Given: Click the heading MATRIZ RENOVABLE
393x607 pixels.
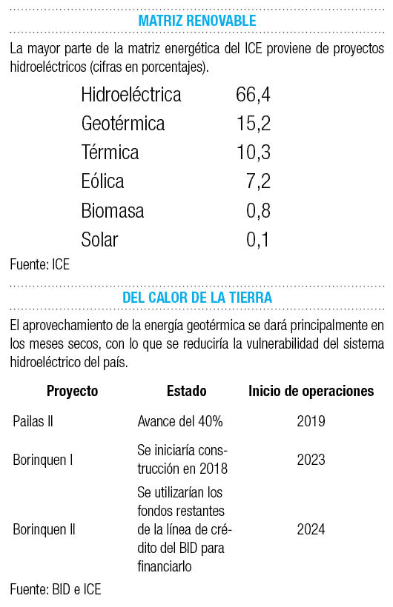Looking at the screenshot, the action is coord(197,21).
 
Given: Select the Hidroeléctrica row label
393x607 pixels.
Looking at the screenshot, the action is coord(131,95).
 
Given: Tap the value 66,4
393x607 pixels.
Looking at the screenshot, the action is coord(253,95).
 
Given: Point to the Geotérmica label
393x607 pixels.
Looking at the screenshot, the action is coord(123,124).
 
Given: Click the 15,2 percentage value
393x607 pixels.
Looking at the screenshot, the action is coord(254,124).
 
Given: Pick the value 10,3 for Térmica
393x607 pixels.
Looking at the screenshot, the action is coord(254,152).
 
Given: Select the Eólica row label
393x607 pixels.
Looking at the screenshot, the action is coord(102,181).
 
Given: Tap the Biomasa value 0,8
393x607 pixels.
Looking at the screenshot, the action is coord(258,210).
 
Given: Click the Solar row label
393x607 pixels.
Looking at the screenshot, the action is coord(99,240).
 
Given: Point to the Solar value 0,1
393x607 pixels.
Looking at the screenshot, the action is coord(257,240).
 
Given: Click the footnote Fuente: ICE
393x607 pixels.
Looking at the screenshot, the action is coord(39,265).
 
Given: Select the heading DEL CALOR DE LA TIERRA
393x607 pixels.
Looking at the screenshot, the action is coord(197,298).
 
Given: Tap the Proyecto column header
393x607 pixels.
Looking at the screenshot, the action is coord(72,391).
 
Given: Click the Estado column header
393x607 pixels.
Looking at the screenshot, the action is coord(187,391).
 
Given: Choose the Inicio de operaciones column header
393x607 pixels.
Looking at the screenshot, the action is coord(311,391).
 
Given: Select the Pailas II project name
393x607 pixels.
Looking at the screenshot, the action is coord(33,421).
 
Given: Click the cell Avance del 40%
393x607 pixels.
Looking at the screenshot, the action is coord(180,421).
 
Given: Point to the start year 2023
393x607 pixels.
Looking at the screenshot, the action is coord(311,460).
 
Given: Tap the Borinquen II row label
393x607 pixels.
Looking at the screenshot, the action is coord(44,529).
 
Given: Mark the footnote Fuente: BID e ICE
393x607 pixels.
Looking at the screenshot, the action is coord(56,589).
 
